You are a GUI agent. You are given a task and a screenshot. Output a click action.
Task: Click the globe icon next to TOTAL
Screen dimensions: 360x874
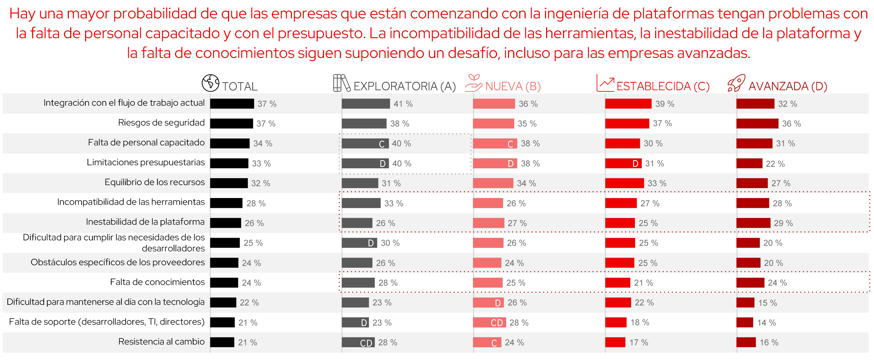pos(210,83)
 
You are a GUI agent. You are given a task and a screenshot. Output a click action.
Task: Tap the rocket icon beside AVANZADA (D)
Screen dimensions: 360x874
pos(736,83)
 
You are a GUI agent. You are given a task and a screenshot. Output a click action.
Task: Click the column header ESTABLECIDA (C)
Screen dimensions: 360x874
pos(663,86)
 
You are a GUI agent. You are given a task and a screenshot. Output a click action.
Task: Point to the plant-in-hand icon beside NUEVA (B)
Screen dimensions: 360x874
pos(473,83)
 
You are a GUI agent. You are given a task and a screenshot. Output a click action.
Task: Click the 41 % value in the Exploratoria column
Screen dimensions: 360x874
pos(403,104)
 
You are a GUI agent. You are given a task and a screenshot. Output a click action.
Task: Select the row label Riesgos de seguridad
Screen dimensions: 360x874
pos(161,123)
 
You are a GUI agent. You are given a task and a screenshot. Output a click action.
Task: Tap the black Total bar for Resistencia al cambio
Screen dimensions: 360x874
pos(222,342)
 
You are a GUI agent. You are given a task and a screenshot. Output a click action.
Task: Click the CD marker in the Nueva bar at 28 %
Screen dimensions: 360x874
pos(497,323)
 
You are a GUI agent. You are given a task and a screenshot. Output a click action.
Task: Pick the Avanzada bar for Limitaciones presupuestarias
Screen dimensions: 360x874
pos(749,163)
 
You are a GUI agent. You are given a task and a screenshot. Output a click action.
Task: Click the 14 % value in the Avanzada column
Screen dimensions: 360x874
pos(766,323)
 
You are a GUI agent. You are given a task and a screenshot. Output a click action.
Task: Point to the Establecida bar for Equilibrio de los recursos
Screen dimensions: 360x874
pos(624,183)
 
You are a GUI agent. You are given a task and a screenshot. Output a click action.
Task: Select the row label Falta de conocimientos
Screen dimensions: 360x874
pos(157,282)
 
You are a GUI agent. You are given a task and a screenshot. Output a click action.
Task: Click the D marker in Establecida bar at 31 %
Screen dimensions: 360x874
pos(635,163)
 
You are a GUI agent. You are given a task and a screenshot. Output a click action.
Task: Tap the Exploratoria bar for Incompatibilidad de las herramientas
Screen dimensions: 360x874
pos(361,203)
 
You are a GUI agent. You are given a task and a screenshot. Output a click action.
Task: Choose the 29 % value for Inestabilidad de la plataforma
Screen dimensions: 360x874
pos(783,223)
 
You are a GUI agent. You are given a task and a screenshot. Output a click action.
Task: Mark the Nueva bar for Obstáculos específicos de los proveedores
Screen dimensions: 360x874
pos(487,263)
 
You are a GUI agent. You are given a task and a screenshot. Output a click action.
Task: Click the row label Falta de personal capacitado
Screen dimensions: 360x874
pos(146,143)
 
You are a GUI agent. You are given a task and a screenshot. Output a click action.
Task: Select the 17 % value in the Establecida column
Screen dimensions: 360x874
pos(639,342)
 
